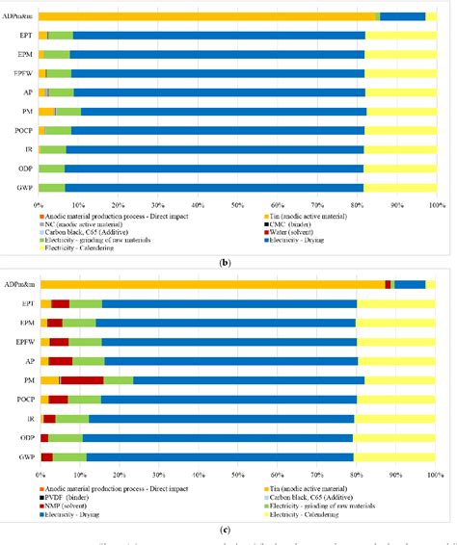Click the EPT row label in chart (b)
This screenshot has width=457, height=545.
[x=25, y=35]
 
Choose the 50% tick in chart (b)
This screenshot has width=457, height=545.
[x=237, y=204]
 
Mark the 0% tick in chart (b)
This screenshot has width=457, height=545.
[x=39, y=204]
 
